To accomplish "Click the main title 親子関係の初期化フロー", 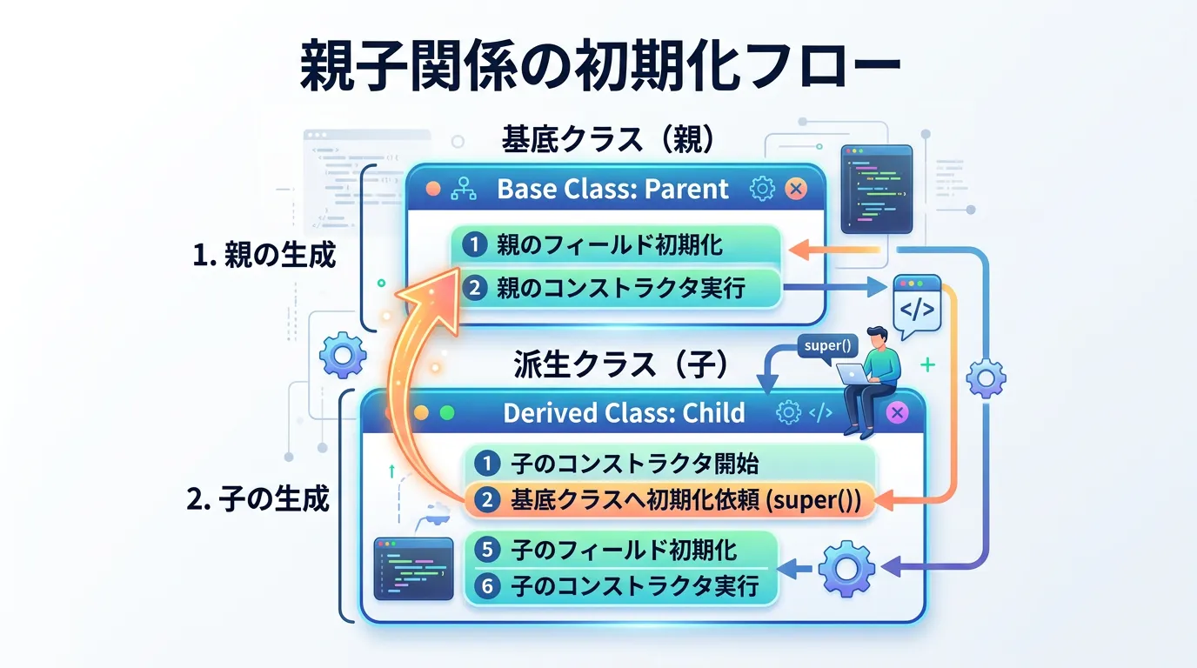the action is [x=600, y=65].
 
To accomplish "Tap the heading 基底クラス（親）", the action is [x=608, y=139].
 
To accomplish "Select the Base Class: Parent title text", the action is [x=612, y=189].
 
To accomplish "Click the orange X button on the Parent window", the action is [x=796, y=189].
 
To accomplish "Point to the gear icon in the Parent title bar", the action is [x=762, y=189].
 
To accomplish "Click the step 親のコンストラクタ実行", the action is [x=620, y=288].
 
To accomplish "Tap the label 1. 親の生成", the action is [x=264, y=254].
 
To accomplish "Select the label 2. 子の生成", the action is [x=257, y=499].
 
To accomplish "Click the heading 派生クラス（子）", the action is [x=620, y=364].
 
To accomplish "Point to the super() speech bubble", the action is [x=827, y=346].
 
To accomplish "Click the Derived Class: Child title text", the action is [x=624, y=412].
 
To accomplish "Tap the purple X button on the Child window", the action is [x=897, y=412].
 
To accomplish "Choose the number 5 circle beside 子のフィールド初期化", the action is [x=487, y=550].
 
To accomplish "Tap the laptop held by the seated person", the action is [x=854, y=373].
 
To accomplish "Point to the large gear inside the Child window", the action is [x=847, y=569].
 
